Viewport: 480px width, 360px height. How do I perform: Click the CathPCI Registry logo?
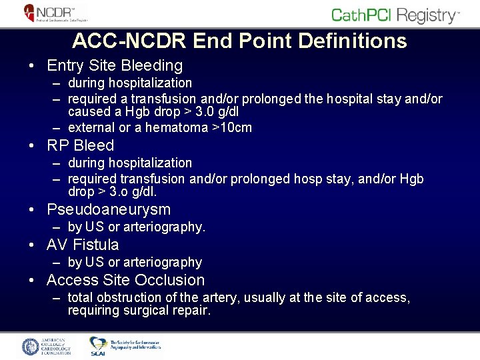pyautogui.click(x=395, y=15)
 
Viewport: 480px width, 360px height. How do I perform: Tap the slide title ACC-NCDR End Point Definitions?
pyautogui.click(x=239, y=41)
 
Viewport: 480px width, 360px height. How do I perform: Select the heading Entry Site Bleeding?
pyautogui.click(x=114, y=65)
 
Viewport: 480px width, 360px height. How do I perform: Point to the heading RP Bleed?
pyautogui.click(x=80, y=145)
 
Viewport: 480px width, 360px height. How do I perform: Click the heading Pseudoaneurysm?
pyautogui.click(x=108, y=209)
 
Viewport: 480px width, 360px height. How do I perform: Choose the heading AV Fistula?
pyautogui.click(x=83, y=245)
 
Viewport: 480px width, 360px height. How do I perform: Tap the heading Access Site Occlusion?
pyautogui.click(x=125, y=280)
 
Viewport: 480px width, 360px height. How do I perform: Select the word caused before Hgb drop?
pyautogui.click(x=89, y=113)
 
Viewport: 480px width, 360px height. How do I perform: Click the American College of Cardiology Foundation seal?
pyautogui.click(x=32, y=347)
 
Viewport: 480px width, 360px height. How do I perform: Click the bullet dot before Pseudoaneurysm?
pyautogui.click(x=31, y=210)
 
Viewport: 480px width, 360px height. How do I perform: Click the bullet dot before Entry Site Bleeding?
pyautogui.click(x=31, y=66)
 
